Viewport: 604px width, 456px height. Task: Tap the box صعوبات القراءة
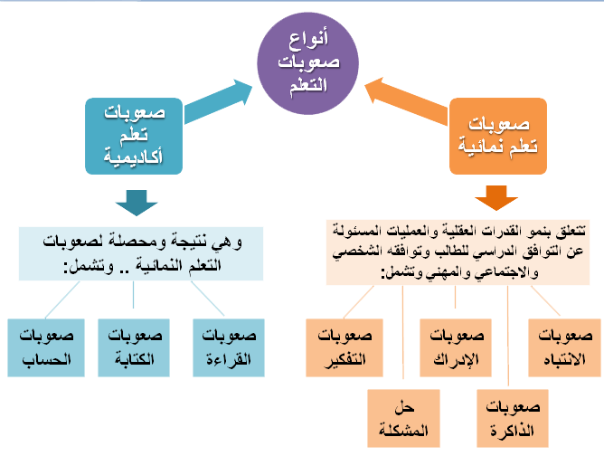pos(231,347)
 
